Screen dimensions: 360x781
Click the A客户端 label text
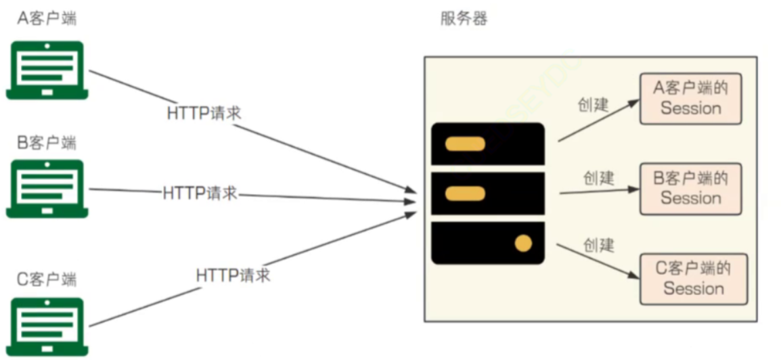click(x=47, y=18)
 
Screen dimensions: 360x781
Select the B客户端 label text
click(x=47, y=143)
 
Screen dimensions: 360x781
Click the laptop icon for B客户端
click(x=47, y=189)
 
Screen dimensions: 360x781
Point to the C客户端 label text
click(x=47, y=279)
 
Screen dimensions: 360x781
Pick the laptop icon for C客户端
click(x=47, y=327)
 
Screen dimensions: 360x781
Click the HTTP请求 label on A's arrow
click(x=204, y=113)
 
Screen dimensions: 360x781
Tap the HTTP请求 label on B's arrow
click(x=200, y=193)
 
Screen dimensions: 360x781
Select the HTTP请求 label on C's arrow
click(x=233, y=275)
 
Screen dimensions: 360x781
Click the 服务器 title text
click(x=464, y=18)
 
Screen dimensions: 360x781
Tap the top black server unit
click(x=488, y=143)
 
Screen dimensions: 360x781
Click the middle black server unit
click(x=488, y=194)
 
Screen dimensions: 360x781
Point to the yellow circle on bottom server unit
click(x=523, y=243)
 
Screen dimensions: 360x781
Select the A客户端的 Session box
click(x=690, y=99)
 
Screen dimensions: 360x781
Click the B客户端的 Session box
click(x=690, y=189)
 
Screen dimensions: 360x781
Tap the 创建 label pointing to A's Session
click(x=593, y=105)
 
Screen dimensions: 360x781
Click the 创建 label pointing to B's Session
click(x=599, y=178)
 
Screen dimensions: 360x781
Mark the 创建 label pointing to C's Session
click(x=599, y=244)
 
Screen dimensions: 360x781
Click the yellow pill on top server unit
click(x=466, y=143)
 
